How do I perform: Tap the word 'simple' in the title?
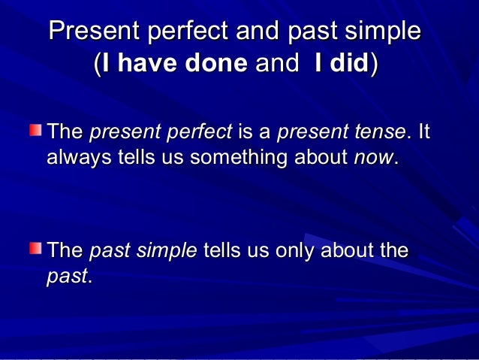coord(381,32)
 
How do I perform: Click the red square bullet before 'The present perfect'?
coord(36,131)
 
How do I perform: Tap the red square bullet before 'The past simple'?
coord(36,247)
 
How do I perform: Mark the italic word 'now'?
coord(372,159)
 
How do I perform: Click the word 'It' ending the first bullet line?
coord(423,134)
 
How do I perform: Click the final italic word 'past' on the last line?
coord(67,276)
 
